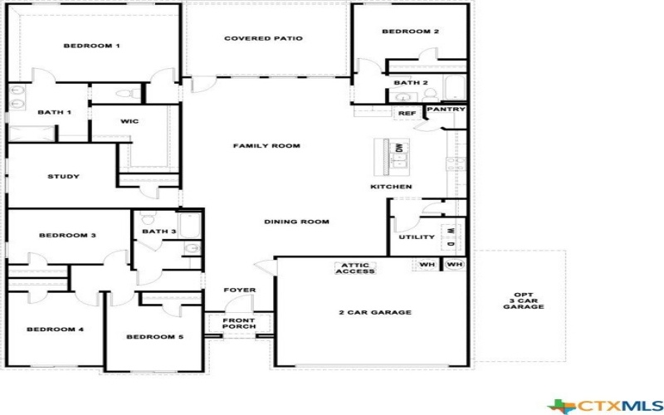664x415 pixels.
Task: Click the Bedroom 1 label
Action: [x=92, y=46]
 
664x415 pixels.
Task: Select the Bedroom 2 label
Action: [x=410, y=32]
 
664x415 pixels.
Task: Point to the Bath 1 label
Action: [x=55, y=112]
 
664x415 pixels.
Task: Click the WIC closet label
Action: [x=129, y=121]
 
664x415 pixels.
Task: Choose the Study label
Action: [x=63, y=176]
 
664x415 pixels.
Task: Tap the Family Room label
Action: [x=266, y=145]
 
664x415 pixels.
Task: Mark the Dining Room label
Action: [x=297, y=222]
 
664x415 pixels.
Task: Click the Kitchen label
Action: [x=391, y=187]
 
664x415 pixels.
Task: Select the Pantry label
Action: [x=447, y=110]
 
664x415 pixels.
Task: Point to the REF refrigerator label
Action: [x=407, y=113]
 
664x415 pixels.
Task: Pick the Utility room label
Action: [x=417, y=237]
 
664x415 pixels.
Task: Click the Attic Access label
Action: [x=355, y=268]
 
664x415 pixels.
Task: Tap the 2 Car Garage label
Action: [x=375, y=313]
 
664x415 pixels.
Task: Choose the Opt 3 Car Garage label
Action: [x=523, y=300]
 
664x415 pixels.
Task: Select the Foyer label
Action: [x=240, y=290]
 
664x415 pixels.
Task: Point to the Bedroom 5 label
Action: [x=154, y=337]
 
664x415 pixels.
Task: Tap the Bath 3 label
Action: [x=159, y=232]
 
